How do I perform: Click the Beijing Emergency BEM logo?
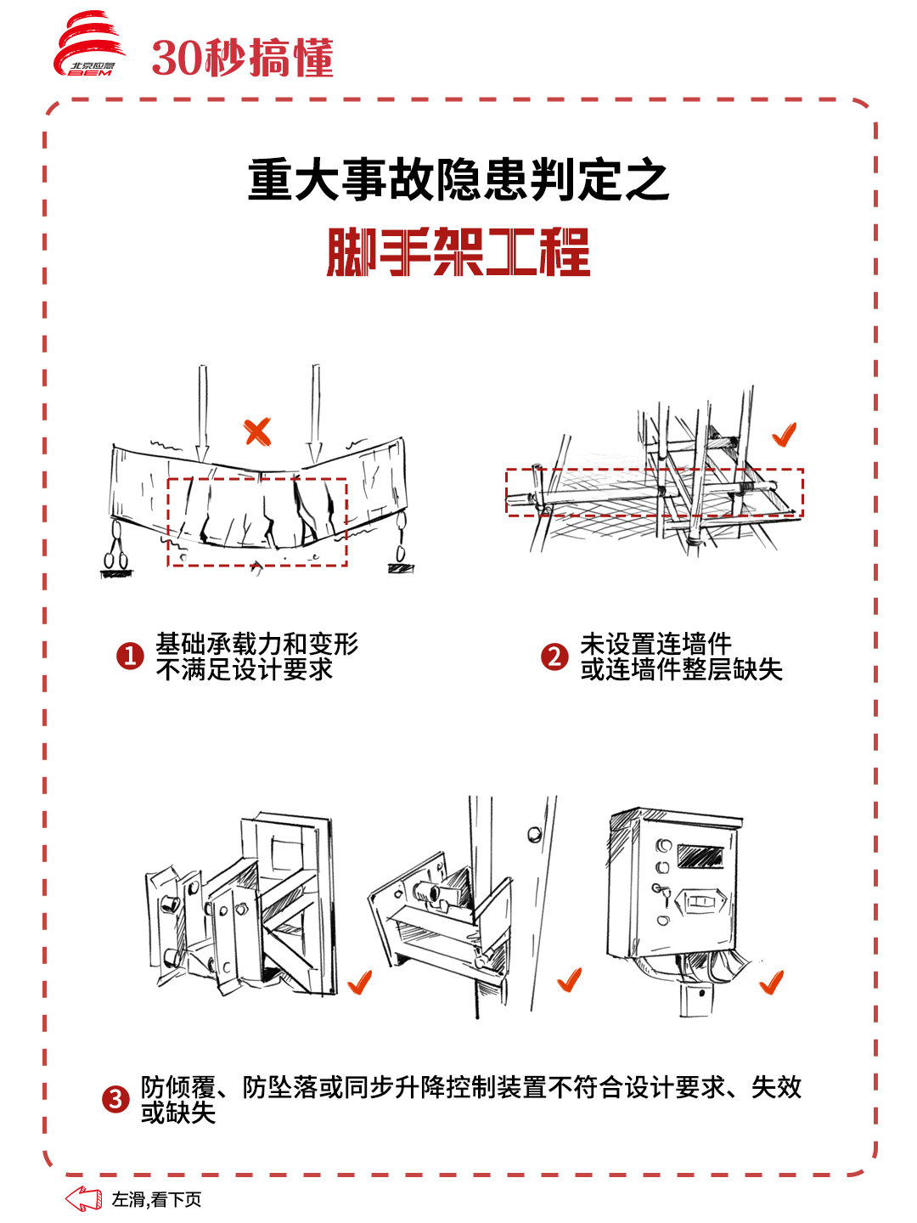point(89,46)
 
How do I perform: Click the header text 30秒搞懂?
point(243,58)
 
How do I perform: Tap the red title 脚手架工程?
point(458,252)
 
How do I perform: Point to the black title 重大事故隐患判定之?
point(458,180)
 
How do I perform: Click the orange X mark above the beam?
point(257,431)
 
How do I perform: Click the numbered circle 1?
point(130,656)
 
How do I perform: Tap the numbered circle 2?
point(554,656)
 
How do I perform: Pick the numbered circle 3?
point(115,1100)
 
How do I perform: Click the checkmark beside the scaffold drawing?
point(785,435)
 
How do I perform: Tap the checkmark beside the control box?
point(771,983)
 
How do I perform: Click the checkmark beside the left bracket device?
point(360,983)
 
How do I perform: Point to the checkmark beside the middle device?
point(570,980)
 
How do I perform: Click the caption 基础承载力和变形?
point(256,643)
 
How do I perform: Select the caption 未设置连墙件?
point(655,643)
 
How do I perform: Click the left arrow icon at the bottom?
point(83,1199)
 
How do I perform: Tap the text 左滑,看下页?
point(157,1199)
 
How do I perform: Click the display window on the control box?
point(701,855)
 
